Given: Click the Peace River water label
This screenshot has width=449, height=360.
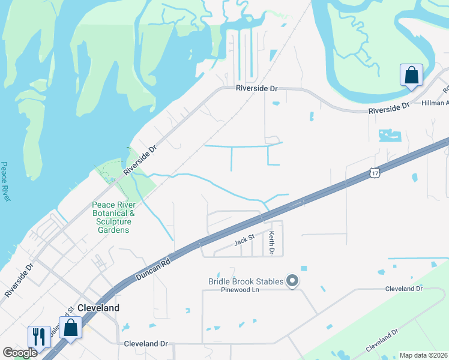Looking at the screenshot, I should point(5,181).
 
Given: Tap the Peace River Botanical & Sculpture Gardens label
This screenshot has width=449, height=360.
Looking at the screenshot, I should point(113,217).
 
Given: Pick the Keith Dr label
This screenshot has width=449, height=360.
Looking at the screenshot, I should point(272,243).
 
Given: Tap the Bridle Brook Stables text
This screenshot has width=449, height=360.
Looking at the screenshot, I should point(246,281).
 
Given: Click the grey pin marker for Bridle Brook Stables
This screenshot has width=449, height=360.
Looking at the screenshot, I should point(292,280).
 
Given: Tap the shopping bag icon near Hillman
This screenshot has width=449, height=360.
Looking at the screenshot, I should point(411,75).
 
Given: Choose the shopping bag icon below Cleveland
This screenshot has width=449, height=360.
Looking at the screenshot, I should point(71,328).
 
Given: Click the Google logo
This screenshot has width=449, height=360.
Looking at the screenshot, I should point(19,353).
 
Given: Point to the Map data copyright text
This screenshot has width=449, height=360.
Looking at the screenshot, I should point(423,355).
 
